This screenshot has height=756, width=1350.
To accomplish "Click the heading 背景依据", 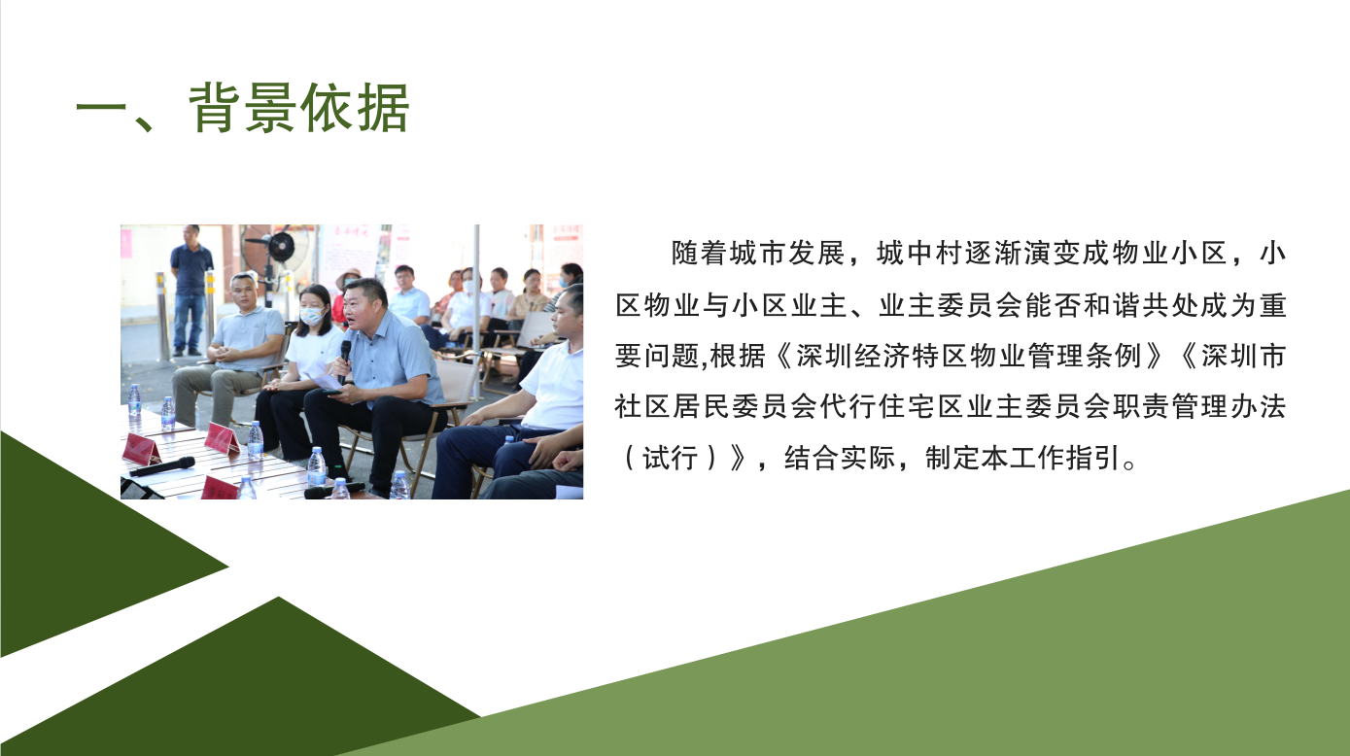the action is pos(299,108).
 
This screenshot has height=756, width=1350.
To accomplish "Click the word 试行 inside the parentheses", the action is pos(671,459).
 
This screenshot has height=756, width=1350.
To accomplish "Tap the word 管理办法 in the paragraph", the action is pos(1229,407).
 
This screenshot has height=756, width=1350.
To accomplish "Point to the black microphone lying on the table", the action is pos(162,466).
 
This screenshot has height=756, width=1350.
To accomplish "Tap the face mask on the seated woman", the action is pos(311,316).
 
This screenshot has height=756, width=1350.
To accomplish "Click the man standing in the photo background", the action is pos(191,290).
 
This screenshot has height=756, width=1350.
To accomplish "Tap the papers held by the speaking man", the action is pos(326,381).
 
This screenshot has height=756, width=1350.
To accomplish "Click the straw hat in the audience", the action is pos(348,277).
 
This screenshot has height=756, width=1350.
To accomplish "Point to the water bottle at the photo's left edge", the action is pos(134,400).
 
